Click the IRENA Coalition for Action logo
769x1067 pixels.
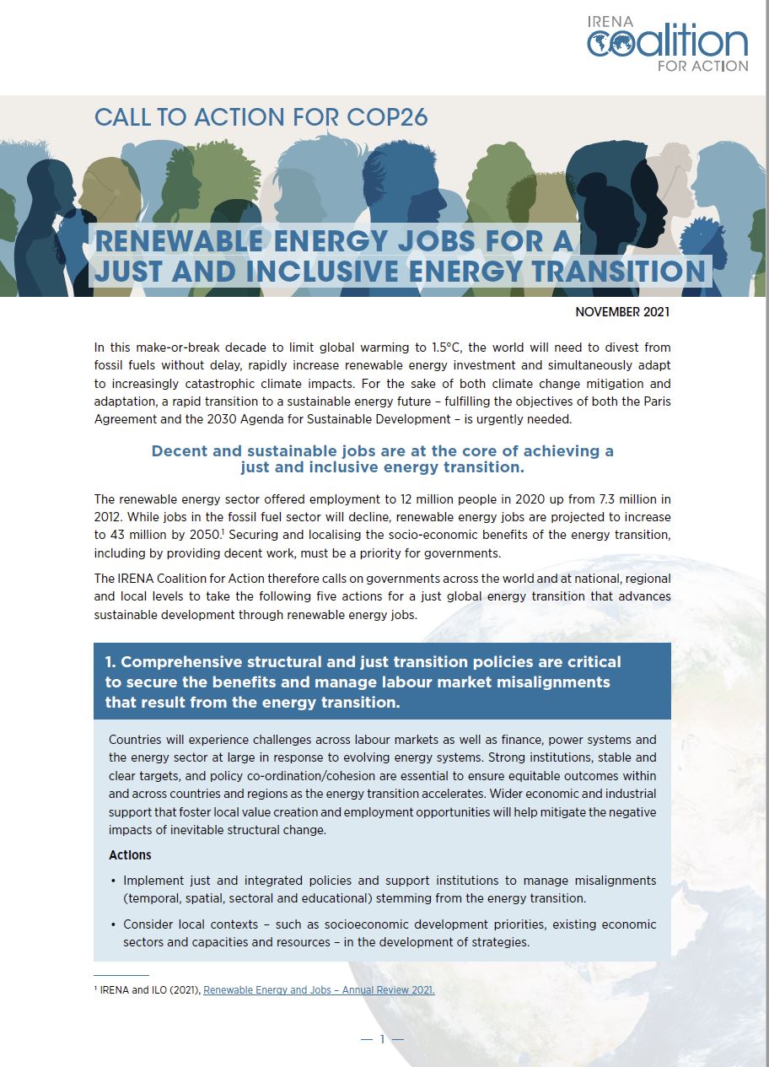click(667, 43)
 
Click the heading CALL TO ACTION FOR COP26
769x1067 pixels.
click(261, 117)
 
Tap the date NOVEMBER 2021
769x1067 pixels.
click(622, 312)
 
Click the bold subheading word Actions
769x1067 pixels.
click(130, 855)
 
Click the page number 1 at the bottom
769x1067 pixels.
click(382, 1039)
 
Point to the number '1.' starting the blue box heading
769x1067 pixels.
click(110, 662)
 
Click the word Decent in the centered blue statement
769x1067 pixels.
click(177, 451)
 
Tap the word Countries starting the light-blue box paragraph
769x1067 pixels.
click(136, 740)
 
